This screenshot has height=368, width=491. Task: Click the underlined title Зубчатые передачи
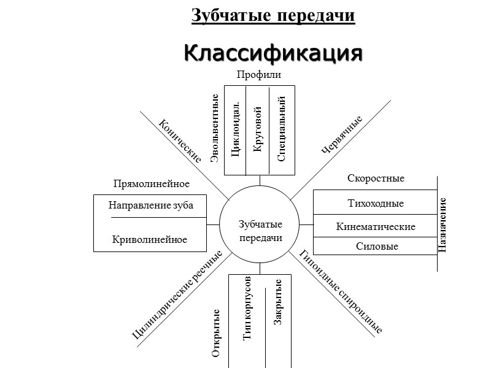273,15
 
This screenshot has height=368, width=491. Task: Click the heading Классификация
273,53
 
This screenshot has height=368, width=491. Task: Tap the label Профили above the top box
258,75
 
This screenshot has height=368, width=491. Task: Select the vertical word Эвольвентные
215,129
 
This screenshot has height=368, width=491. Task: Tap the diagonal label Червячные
342,134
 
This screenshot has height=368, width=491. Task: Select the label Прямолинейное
152,184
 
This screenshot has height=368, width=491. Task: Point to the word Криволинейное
150,239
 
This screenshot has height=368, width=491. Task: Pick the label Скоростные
376,178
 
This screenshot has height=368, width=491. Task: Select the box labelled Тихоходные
375,203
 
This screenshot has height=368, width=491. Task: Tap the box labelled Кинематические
375,226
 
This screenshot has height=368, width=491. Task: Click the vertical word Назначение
443,224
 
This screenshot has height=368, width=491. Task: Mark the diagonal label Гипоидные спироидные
341,292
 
